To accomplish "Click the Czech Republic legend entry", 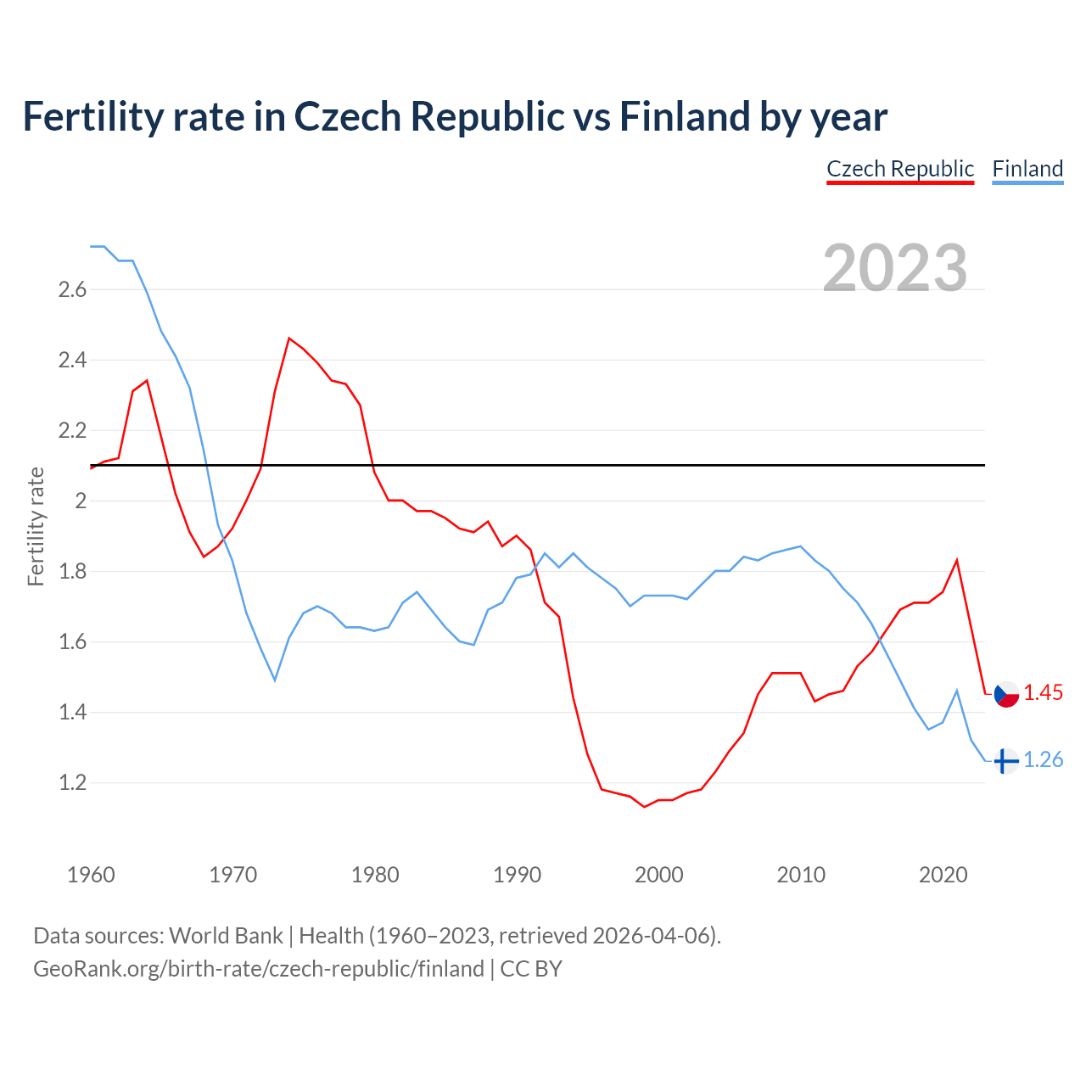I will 900,169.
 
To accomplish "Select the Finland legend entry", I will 1027,169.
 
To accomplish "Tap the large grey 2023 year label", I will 895,268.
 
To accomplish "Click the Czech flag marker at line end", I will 1006,694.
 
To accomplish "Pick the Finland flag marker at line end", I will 1006,761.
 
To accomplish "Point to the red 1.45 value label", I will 1043,693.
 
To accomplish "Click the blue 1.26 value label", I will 1043,760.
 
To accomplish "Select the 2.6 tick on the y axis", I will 72,290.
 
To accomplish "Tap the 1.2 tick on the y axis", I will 72,783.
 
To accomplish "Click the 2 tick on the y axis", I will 81,501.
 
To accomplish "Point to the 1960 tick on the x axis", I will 91,875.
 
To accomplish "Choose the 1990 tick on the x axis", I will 517,875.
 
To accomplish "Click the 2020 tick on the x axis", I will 943,875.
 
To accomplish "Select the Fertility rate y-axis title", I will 36,526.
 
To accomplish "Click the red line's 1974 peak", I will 289,339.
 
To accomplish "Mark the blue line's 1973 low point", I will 275,680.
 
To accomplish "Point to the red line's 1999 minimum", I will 645,806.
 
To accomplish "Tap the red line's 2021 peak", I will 957,560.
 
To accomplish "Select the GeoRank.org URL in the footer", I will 259,969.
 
